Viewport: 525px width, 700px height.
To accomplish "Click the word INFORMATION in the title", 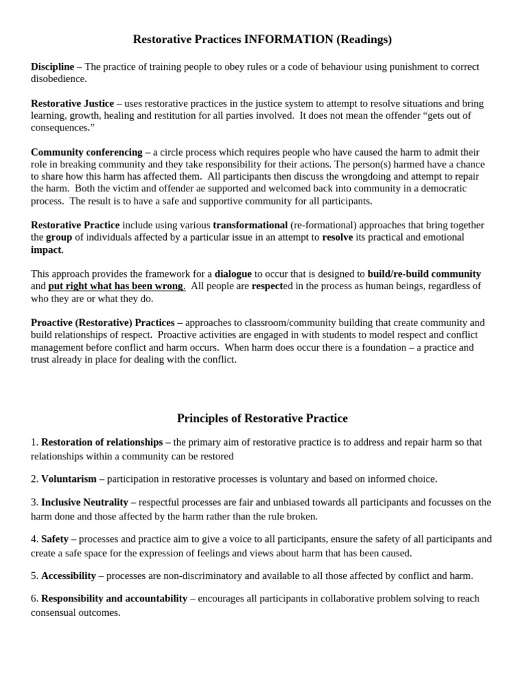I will tap(288, 40).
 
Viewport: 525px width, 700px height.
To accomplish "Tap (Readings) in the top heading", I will tap(364, 40).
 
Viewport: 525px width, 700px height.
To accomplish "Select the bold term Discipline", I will tap(53, 67).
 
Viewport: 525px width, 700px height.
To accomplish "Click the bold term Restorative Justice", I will tap(72, 104).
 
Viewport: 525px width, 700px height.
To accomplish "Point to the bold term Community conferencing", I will tap(87, 152).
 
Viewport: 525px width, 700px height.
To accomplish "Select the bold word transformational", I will tap(250, 226).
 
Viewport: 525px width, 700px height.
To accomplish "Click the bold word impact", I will tap(46, 250).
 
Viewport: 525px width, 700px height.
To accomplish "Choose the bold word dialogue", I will tap(233, 274).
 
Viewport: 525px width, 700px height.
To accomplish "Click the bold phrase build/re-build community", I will tap(424, 274).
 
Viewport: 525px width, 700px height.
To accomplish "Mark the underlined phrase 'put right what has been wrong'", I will tap(116, 286).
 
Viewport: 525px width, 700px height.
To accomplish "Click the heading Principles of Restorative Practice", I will tap(262, 418).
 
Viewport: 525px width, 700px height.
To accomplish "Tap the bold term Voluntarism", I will tap(69, 479).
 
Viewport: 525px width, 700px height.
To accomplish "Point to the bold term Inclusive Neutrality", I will tap(85, 502).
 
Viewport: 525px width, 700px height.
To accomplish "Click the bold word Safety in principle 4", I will tap(55, 539).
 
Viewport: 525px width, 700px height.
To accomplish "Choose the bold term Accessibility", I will tap(68, 576).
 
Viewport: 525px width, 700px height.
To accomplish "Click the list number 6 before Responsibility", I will tap(34, 599).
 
